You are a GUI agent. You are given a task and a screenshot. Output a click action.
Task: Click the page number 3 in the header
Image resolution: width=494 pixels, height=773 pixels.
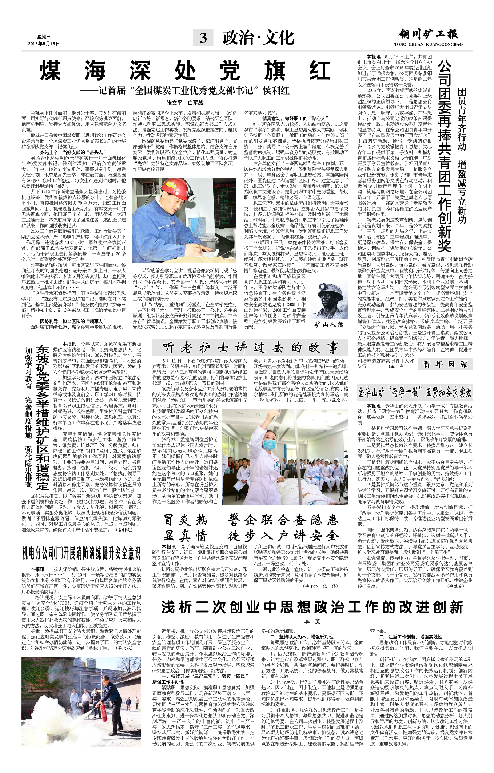click(203, 38)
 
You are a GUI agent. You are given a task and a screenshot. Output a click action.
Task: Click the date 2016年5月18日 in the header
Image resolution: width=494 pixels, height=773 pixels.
click(44, 44)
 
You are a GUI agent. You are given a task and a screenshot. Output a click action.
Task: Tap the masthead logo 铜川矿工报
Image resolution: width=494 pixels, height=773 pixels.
click(428, 35)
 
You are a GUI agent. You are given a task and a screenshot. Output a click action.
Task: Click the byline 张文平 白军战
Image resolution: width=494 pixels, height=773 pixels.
click(185, 103)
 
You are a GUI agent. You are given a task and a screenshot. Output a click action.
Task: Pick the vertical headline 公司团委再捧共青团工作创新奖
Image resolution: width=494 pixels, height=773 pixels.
click(444, 156)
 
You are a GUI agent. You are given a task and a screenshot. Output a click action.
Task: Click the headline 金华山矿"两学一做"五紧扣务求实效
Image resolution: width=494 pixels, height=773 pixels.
click(415, 392)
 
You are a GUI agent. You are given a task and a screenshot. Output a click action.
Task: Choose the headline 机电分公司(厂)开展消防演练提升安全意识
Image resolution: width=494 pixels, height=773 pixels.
click(81, 553)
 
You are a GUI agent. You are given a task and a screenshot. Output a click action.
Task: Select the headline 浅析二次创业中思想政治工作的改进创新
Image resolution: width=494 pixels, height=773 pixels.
click(312, 607)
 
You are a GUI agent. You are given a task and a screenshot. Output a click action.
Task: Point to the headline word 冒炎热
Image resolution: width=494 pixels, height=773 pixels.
click(185, 520)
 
